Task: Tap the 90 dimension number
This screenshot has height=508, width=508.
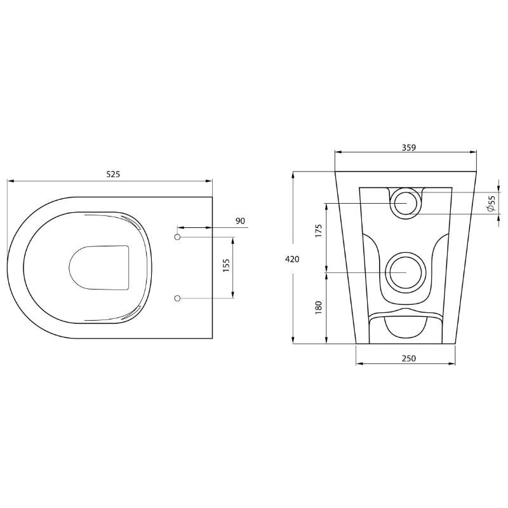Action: coord(240,220)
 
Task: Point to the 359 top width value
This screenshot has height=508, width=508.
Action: coord(409,147)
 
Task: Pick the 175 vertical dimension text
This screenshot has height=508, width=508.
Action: coord(319,231)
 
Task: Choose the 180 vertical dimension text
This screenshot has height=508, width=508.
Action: coord(319,306)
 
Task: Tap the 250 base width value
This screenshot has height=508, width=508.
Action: coord(409,359)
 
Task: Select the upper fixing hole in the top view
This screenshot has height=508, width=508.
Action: coord(178,237)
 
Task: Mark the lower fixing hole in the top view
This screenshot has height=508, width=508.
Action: coord(178,298)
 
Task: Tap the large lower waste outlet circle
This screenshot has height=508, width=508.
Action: coord(405,272)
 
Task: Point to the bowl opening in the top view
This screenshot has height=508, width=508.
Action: coord(99,267)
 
